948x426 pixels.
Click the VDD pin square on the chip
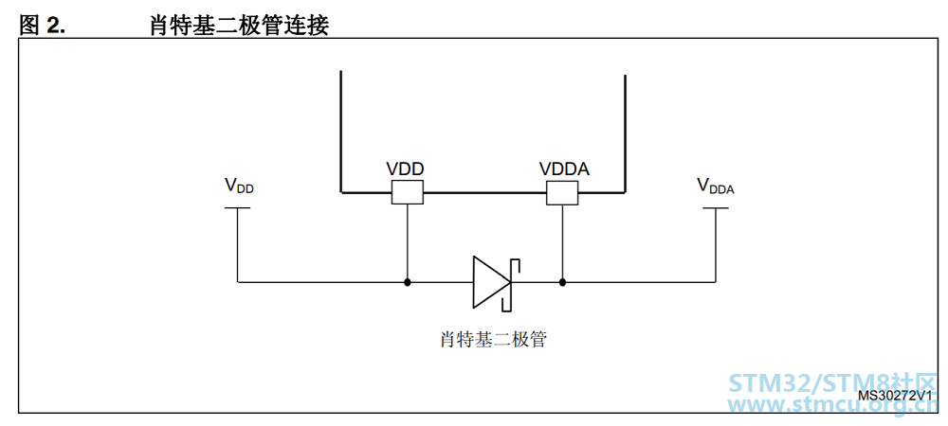407,192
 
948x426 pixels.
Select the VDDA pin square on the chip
562,192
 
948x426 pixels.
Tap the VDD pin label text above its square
405,169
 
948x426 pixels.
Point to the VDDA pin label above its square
564,169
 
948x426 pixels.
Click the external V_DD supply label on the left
240,186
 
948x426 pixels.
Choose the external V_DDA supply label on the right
715,186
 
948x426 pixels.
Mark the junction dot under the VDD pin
408,282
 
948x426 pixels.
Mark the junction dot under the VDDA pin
562,282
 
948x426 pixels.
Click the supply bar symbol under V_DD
237,208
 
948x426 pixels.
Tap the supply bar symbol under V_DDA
716,208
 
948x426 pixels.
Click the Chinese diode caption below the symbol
494,340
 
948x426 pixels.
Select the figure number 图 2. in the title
43,25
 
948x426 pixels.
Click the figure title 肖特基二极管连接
240,25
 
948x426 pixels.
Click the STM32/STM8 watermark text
832,383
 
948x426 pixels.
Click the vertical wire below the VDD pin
407,241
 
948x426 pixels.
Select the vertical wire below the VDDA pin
562,241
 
